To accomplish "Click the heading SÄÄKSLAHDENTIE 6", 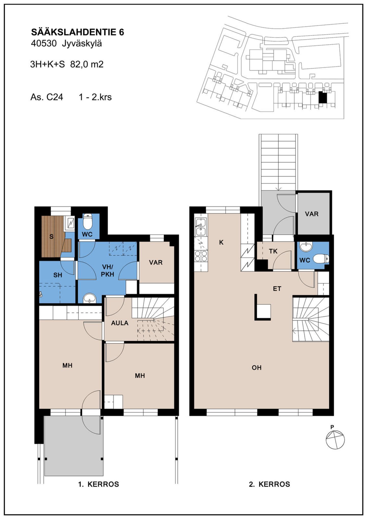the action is [x=77, y=32].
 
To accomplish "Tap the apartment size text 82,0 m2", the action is [x=87, y=64].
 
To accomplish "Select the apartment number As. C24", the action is [x=47, y=97].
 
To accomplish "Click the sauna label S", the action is [x=51, y=237].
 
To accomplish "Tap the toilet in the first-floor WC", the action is [x=88, y=221].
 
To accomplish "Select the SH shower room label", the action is [x=58, y=275].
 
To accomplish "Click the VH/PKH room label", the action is [x=108, y=271].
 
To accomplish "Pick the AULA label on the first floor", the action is [x=120, y=323].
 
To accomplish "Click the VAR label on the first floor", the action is [x=156, y=262].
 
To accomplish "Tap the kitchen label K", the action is [x=221, y=242].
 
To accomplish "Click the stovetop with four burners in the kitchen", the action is [x=201, y=256].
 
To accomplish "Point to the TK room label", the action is [x=273, y=251].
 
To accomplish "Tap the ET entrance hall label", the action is [x=277, y=289].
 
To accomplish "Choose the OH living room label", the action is [x=257, y=368].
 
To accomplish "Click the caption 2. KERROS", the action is [x=269, y=484].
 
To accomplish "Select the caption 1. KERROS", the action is [x=99, y=484].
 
